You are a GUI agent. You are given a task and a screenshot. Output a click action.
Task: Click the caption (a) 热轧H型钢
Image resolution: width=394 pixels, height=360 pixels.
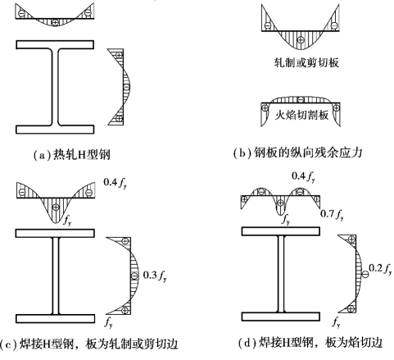[71, 154]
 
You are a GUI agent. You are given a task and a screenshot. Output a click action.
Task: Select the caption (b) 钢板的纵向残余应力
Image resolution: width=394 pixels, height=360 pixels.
[297, 153]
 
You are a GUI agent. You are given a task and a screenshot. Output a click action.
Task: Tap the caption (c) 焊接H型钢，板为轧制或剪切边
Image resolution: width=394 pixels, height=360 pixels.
[89, 344]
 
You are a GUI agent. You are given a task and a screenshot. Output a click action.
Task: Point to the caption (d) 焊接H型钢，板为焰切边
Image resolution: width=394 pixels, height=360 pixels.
[310, 342]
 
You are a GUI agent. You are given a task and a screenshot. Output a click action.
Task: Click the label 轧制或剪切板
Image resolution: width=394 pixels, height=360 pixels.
[306, 62]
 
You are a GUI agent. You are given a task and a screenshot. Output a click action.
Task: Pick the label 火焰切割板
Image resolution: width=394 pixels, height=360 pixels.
[301, 115]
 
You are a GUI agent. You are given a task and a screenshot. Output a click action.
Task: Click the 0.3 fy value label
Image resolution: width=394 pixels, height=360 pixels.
[155, 276]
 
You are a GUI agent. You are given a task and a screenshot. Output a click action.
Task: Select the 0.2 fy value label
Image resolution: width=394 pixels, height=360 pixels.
[380, 269]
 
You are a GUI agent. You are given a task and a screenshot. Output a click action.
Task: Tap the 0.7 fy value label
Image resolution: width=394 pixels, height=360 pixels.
[332, 214]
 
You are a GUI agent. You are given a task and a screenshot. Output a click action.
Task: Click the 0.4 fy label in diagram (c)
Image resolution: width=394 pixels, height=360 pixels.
[115, 183]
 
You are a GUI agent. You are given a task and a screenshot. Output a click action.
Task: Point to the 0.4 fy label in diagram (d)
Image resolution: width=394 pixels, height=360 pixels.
[303, 176]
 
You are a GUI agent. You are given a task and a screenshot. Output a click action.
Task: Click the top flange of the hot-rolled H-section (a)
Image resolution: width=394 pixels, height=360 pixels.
[55, 44]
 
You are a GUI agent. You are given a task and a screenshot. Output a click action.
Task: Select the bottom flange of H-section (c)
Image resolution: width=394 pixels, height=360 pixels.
[55, 319]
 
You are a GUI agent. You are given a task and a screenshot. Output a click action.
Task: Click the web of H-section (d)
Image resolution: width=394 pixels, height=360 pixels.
[281, 274]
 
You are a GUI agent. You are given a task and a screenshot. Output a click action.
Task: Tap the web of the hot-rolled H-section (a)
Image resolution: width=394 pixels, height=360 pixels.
[55, 87]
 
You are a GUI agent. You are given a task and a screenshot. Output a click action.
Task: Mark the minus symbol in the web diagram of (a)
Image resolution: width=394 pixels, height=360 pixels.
[126, 87]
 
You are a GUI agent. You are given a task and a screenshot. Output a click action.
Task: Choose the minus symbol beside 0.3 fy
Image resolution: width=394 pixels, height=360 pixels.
[134, 276]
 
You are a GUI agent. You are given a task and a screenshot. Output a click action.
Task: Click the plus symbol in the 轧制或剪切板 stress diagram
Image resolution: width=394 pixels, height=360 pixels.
[301, 40]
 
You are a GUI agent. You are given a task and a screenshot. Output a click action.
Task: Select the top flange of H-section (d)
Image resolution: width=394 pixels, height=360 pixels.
[281, 231]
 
